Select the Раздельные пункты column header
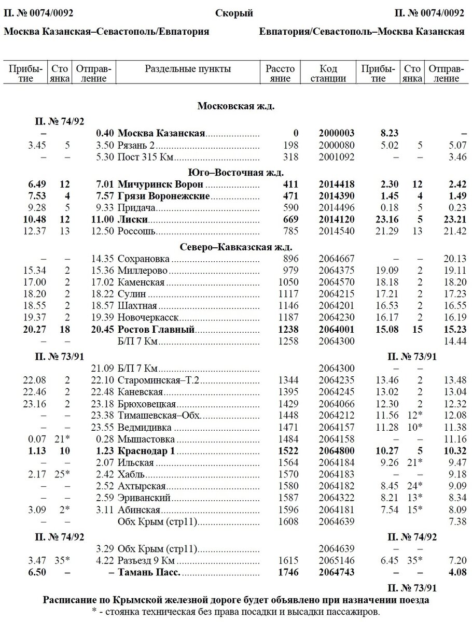click(x=188, y=69)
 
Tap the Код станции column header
click(x=328, y=74)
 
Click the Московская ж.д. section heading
click(x=236, y=106)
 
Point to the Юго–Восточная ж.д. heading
click(x=236, y=172)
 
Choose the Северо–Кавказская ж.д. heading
click(x=236, y=246)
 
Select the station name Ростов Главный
click(x=156, y=330)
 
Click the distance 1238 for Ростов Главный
click(x=289, y=330)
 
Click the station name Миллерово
click(x=143, y=271)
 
